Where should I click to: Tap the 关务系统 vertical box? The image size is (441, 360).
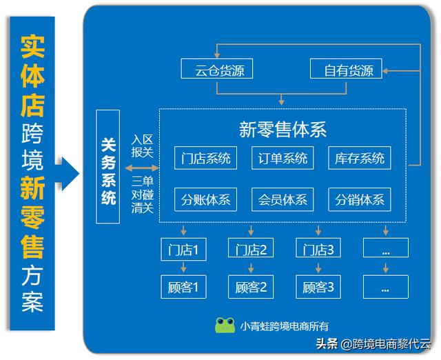(108, 166)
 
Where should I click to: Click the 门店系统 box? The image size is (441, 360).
(205, 158)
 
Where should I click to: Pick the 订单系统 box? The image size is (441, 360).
(283, 158)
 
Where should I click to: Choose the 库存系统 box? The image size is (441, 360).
(359, 158)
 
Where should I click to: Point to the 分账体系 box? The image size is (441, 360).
(205, 200)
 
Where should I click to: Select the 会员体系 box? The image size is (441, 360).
(283, 200)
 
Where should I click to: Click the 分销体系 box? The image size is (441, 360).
(359, 200)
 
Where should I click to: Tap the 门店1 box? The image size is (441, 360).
(183, 249)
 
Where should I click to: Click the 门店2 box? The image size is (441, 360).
(251, 249)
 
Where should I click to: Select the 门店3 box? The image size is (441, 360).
(318, 249)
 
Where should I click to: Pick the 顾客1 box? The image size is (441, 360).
(183, 286)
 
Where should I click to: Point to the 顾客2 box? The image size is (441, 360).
(251, 286)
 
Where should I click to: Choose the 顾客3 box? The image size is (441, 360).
(318, 286)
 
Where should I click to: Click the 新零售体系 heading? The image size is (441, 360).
(283, 129)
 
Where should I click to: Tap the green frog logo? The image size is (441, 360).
(225, 326)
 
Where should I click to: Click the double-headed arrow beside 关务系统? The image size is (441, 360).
(141, 168)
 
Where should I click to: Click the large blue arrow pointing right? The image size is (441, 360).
(67, 172)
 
